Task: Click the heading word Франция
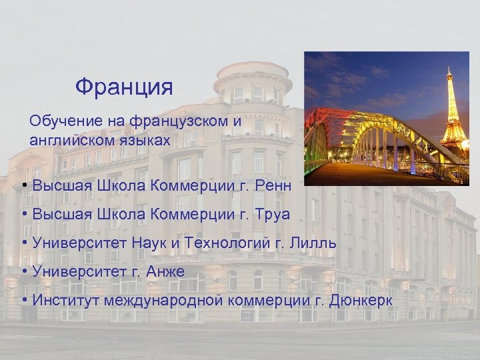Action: (x=124, y=87)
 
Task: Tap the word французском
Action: (x=179, y=121)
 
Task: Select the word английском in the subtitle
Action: (x=71, y=140)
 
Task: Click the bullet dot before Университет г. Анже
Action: (x=24, y=272)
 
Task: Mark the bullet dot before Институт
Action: (x=24, y=301)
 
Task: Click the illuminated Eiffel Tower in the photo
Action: (x=454, y=113)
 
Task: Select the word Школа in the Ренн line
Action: (x=122, y=185)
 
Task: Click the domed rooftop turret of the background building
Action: (x=253, y=77)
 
